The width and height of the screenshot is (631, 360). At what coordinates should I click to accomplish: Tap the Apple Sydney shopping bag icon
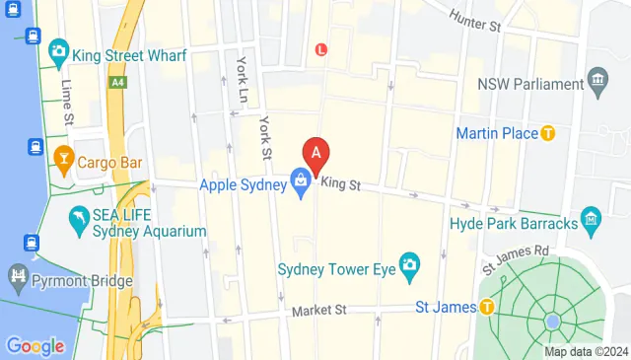pyautogui.click(x=300, y=182)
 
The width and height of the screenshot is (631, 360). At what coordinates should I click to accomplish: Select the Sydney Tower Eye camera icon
pyautogui.click(x=409, y=264)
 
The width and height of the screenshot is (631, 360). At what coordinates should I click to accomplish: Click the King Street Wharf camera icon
pyautogui.click(x=59, y=50)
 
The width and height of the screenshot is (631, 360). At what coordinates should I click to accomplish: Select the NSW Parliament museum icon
pyautogui.click(x=596, y=78)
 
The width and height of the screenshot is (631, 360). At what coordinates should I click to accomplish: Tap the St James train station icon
pyautogui.click(x=486, y=308)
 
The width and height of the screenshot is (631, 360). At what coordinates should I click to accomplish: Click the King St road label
pyautogui.click(x=342, y=183)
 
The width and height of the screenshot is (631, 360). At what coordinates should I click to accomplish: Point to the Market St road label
pyautogui.click(x=320, y=311)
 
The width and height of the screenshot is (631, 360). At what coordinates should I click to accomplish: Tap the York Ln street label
pyautogui.click(x=242, y=77)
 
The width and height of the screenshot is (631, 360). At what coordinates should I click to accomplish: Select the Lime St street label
pyautogui.click(x=68, y=102)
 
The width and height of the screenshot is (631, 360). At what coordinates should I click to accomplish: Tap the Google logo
pyautogui.click(x=35, y=346)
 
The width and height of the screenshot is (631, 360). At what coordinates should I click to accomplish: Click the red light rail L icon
pyautogui.click(x=320, y=49)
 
